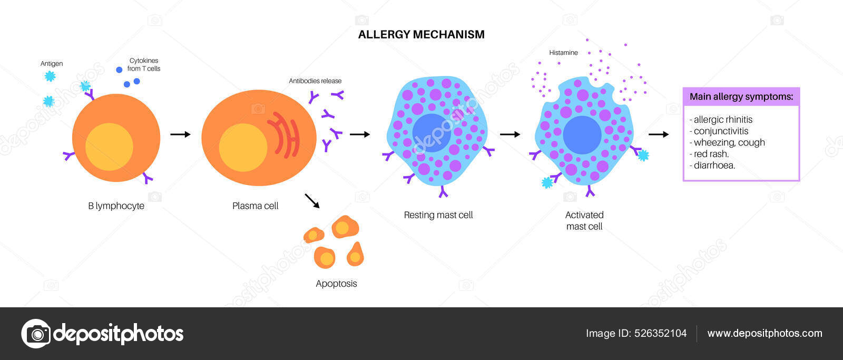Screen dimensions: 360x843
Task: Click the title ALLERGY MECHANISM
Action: pos(421,35)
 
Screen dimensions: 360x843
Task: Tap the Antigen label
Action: pos(52,64)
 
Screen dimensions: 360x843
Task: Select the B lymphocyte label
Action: pos(116,206)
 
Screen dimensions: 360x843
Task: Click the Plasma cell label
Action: pos(255,206)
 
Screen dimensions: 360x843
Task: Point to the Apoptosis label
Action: pos(336,284)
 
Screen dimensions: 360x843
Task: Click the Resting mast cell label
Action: pos(438,215)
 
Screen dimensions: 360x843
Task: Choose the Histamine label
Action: pos(563,53)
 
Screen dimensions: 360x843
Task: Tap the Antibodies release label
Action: pos(315,81)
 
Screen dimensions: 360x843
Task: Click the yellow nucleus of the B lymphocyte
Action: pos(109,147)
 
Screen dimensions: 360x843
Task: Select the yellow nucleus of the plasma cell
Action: pos(243,148)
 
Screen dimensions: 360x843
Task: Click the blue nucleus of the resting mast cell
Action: pos(431,133)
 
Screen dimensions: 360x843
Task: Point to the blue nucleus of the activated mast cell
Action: pos(582,135)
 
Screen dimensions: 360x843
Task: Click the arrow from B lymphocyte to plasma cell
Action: pos(180,134)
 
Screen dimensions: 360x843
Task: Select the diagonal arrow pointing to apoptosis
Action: pos(312,201)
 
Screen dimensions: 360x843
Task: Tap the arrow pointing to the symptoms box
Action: pos(659,134)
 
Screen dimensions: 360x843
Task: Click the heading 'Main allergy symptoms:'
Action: pos(741,96)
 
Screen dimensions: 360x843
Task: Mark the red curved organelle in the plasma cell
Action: pos(285,135)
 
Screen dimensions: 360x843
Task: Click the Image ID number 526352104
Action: pos(660,333)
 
